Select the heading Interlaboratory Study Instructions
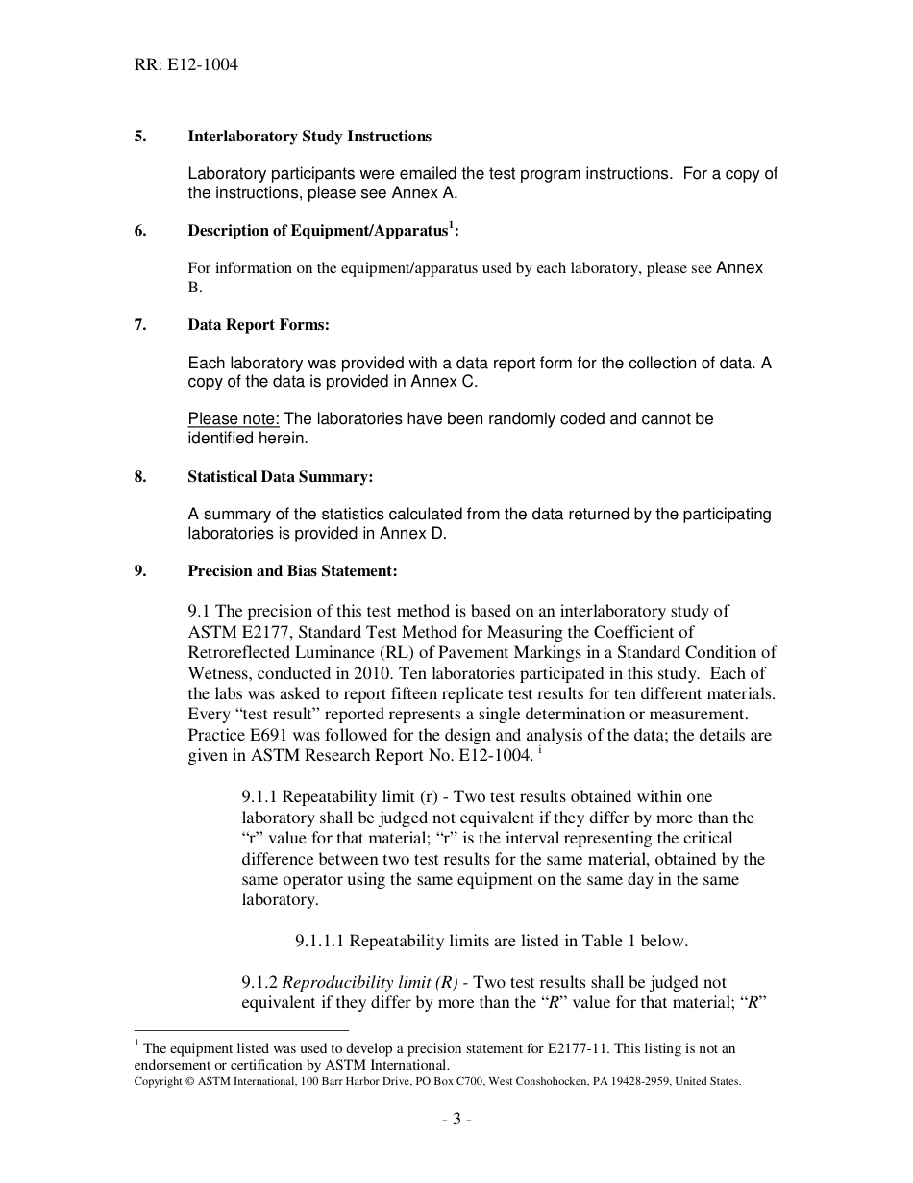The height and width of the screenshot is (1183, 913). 309,137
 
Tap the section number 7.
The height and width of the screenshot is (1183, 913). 140,325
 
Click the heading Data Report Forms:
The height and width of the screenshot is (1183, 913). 259,325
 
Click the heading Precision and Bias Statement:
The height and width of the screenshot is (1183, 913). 292,571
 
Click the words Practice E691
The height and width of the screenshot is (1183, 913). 232,736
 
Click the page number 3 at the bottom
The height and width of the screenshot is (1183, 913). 456,1120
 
